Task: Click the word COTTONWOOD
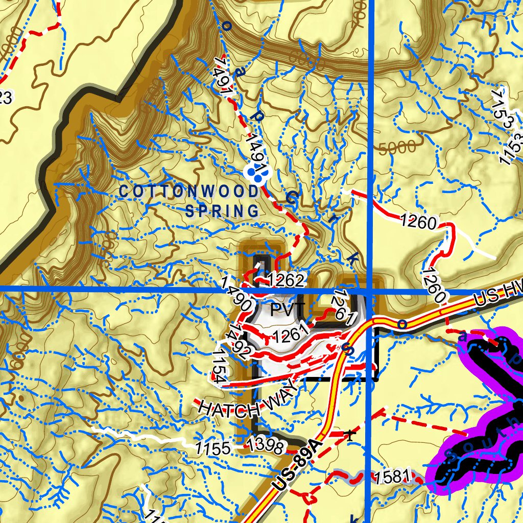[189, 192]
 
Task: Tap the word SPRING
[222, 210]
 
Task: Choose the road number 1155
[213, 449]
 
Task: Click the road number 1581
[392, 478]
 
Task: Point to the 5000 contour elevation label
[398, 148]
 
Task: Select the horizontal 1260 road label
[418, 222]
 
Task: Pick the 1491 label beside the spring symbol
[255, 151]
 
